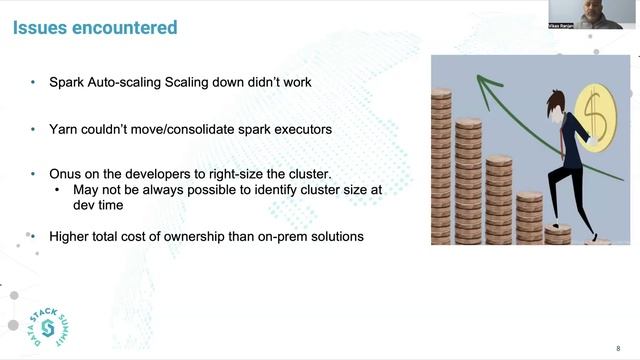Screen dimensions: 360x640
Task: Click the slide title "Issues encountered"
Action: pos(94,27)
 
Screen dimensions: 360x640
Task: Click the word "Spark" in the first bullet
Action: pos(68,82)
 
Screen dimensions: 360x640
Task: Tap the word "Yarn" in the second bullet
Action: pos(64,129)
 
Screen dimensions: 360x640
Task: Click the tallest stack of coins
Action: pos(444,165)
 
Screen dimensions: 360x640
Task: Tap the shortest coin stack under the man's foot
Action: pos(557,234)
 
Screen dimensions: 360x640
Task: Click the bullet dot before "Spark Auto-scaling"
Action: pos(35,82)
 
